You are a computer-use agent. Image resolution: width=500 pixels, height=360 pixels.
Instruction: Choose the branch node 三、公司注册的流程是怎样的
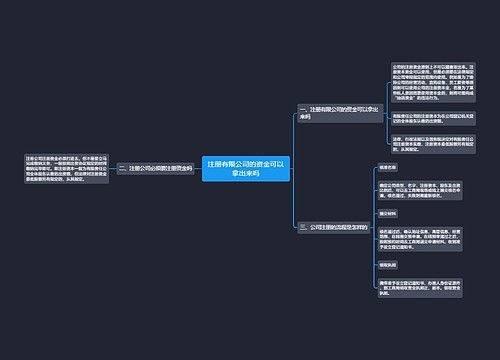[x=334, y=228]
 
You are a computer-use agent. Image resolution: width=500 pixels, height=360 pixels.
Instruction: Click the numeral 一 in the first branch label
[x=303, y=107]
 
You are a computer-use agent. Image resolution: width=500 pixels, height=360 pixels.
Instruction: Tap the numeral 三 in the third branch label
[x=303, y=228]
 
